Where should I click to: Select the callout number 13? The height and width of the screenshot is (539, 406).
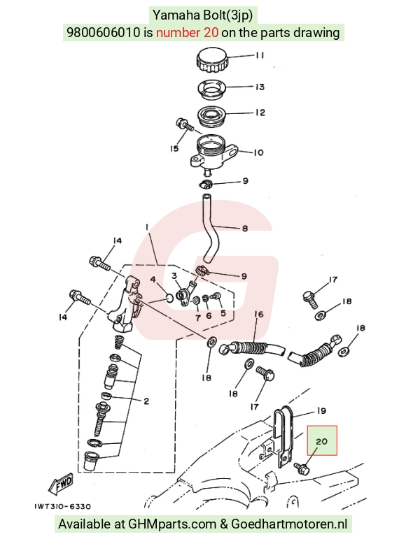click(260, 87)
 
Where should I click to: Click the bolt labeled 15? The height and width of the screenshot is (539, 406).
click(183, 126)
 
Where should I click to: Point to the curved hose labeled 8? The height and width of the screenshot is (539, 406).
click(211, 228)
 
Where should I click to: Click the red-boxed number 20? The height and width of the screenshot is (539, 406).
click(322, 440)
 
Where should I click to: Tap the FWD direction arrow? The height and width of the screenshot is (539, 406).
click(62, 483)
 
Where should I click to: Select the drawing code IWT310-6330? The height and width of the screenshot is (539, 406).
click(62, 506)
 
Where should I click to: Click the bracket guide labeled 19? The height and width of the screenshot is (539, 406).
click(283, 436)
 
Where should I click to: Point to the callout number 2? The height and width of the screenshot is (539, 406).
click(146, 401)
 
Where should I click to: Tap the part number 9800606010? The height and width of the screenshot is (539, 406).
click(103, 33)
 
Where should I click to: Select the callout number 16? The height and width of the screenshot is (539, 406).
click(259, 314)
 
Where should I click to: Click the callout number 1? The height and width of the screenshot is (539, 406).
click(147, 227)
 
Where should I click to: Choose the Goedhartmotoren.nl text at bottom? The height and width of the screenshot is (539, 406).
click(289, 524)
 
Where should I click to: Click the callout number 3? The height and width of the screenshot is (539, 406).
click(174, 275)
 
